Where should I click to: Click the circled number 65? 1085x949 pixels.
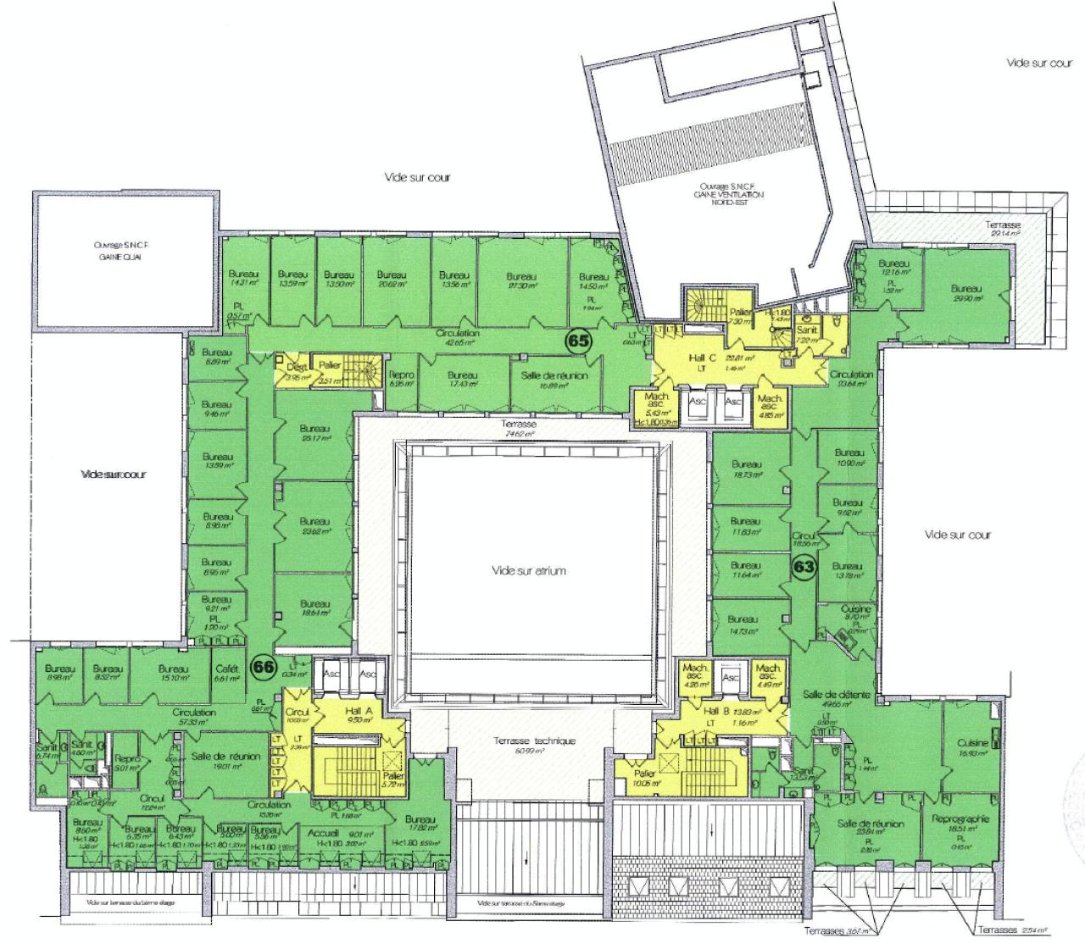(579, 341)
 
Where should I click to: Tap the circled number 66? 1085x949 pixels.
(264, 667)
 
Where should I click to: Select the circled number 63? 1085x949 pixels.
(803, 568)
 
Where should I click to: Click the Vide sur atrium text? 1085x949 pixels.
(528, 571)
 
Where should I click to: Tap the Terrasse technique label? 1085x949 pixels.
(534, 741)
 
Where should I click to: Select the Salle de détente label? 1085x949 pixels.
(837, 694)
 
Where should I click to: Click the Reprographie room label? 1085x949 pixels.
(959, 819)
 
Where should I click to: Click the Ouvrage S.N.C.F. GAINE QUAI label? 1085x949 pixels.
(118, 250)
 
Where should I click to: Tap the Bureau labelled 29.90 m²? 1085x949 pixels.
(966, 292)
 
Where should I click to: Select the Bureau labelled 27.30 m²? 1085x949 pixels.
(521, 280)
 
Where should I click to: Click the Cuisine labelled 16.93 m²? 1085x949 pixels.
(972, 747)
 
